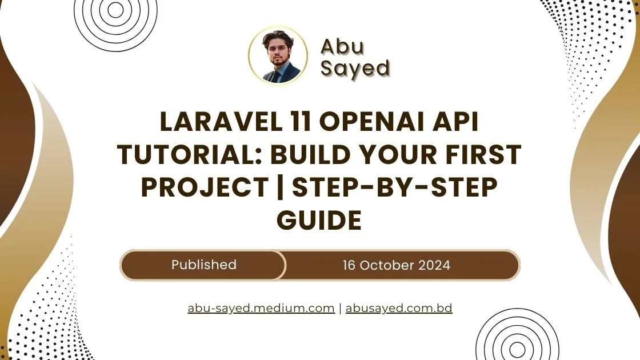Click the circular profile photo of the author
[278, 55]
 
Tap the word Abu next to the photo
[342, 46]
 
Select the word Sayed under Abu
[355, 68]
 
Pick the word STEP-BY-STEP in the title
[395, 187]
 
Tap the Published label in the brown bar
[203, 265]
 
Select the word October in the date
[390, 265]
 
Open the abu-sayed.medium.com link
[261, 308]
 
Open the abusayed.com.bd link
[399, 308]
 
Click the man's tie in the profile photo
[276, 76]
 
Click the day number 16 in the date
[350, 265]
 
